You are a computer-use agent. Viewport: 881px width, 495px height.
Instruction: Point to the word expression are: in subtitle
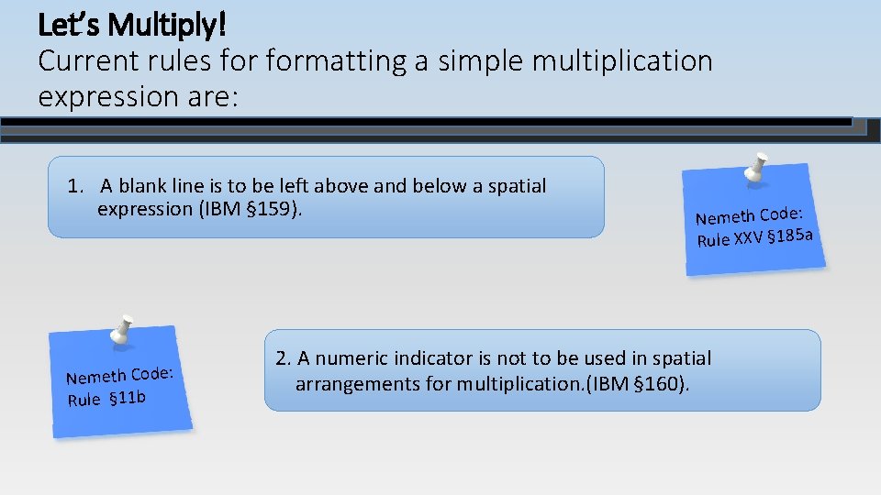pyautogui.click(x=138, y=96)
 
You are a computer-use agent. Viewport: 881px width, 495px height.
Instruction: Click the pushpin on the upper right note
pyautogui.click(x=756, y=168)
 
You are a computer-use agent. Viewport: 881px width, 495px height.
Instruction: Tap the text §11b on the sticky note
pyautogui.click(x=128, y=397)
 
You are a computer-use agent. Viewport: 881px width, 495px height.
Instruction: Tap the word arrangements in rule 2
pyautogui.click(x=358, y=383)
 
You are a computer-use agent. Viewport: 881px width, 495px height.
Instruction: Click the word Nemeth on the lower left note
pyautogui.click(x=95, y=377)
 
